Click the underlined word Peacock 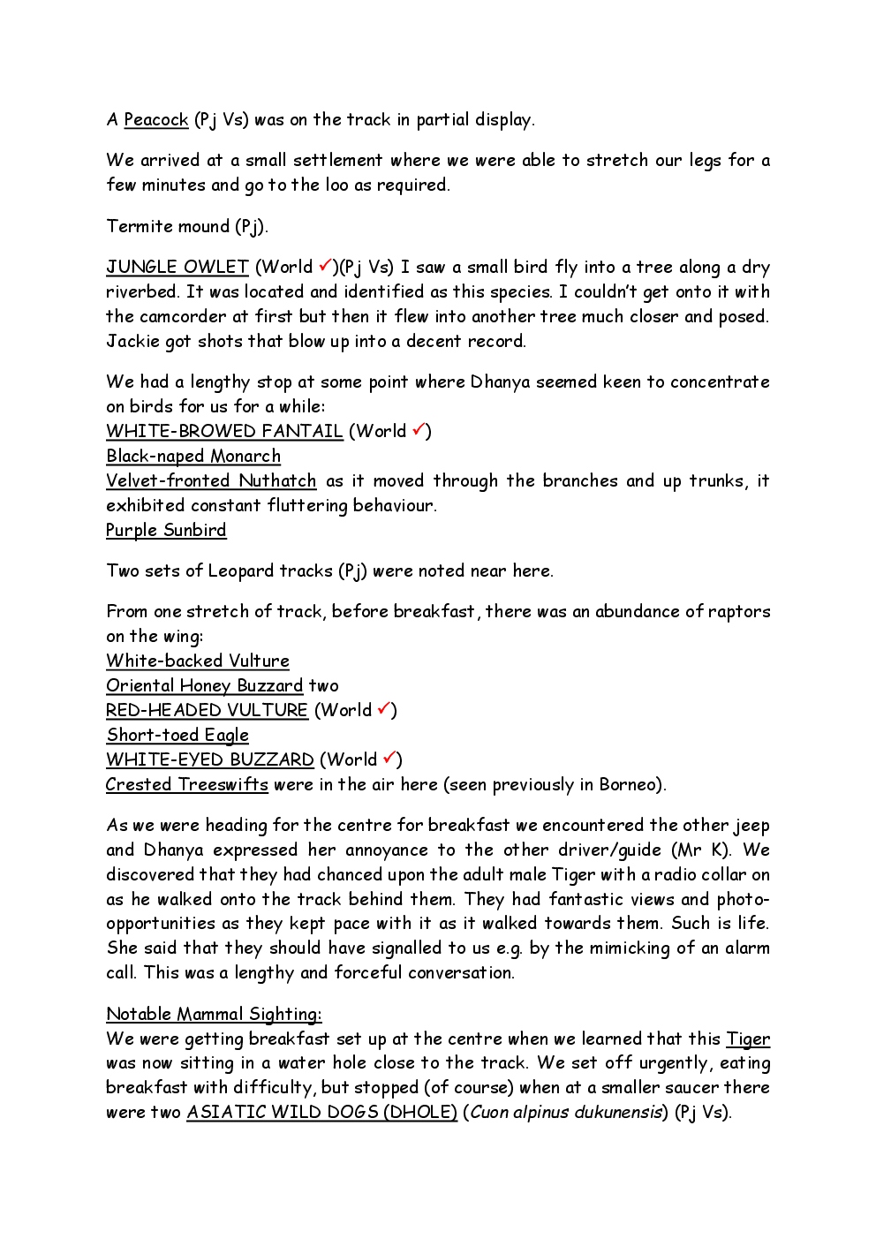pyautogui.click(x=155, y=120)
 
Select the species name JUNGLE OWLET pyautogui.click(x=177, y=268)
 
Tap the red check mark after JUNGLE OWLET pyautogui.click(x=325, y=265)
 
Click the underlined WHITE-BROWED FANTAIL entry pyautogui.click(x=224, y=432)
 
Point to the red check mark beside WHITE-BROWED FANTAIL pyautogui.click(x=419, y=429)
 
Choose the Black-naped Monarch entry pyautogui.click(x=193, y=457)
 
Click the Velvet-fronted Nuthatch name pyautogui.click(x=211, y=481)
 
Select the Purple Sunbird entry pyautogui.click(x=166, y=531)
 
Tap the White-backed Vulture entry pyautogui.click(x=198, y=661)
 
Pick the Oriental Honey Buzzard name pyautogui.click(x=204, y=686)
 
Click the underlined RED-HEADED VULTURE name pyautogui.click(x=207, y=711)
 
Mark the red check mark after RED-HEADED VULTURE pyautogui.click(x=384, y=708)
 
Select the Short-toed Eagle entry pyautogui.click(x=177, y=736)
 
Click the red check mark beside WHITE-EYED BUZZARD pyautogui.click(x=389, y=758)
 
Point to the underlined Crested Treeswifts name pyautogui.click(x=186, y=785)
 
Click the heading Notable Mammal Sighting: pyautogui.click(x=214, y=1015)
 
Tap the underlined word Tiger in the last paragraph pyautogui.click(x=748, y=1039)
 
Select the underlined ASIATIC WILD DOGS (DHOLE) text pyautogui.click(x=321, y=1113)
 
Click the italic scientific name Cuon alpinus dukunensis pyautogui.click(x=566, y=1113)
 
